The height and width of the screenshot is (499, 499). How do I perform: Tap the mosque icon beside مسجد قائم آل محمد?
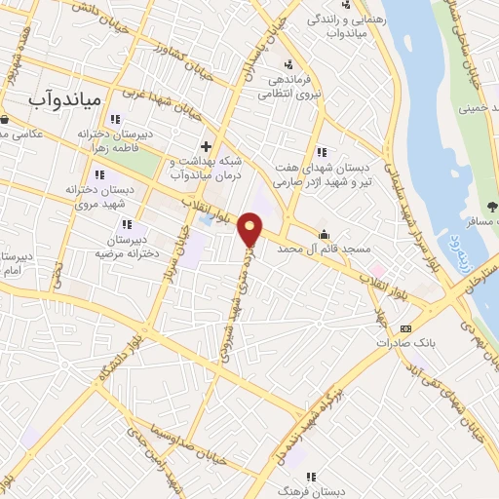[324, 234]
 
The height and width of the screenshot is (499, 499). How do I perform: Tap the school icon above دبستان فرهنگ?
[311, 477]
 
